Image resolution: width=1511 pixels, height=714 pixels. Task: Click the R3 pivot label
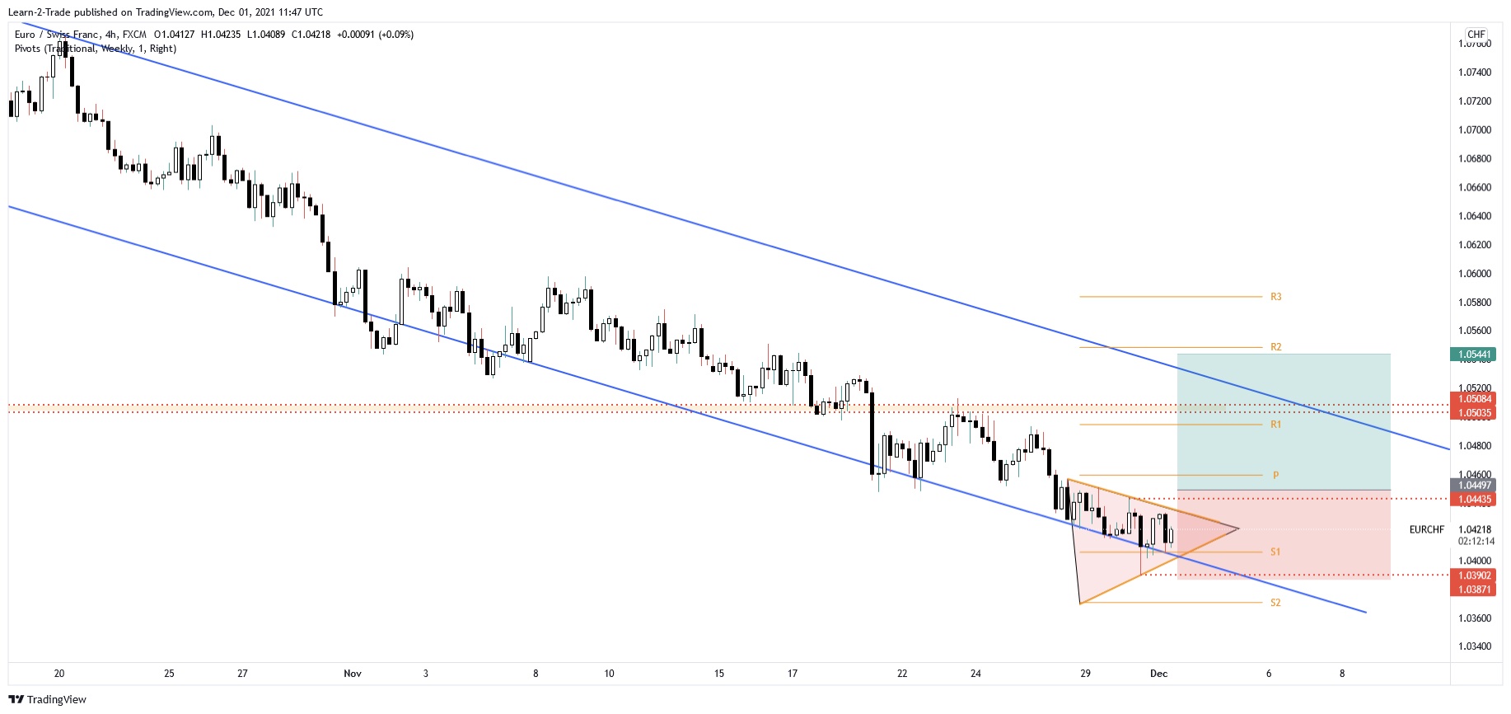1275,297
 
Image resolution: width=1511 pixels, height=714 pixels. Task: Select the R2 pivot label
1275,347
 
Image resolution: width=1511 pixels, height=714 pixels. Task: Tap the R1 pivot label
1275,425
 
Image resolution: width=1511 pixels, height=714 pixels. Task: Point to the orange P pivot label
1275,476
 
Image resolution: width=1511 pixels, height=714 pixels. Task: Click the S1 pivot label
1275,552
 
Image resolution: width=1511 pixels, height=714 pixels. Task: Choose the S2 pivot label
1275,603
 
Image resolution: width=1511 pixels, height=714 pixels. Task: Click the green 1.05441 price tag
1474,355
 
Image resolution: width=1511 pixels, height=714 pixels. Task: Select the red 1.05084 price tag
1474,399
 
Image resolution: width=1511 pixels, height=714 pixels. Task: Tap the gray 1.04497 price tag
1474,486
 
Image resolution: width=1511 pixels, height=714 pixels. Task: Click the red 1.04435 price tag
1474,500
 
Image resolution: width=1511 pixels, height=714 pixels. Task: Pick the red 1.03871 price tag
1474,590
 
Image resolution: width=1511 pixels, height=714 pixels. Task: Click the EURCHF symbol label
1426,529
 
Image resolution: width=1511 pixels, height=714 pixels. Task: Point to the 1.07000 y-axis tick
1474,130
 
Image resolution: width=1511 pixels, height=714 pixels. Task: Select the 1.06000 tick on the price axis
1474,274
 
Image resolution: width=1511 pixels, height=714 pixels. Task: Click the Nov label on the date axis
353,674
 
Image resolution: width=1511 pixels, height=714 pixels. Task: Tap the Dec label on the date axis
1158,674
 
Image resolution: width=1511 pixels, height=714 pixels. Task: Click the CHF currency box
1476,35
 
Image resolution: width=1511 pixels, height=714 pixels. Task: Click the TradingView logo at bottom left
47,699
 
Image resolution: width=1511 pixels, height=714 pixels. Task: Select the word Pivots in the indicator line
27,49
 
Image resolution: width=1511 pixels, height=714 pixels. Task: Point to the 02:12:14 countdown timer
1475,542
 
